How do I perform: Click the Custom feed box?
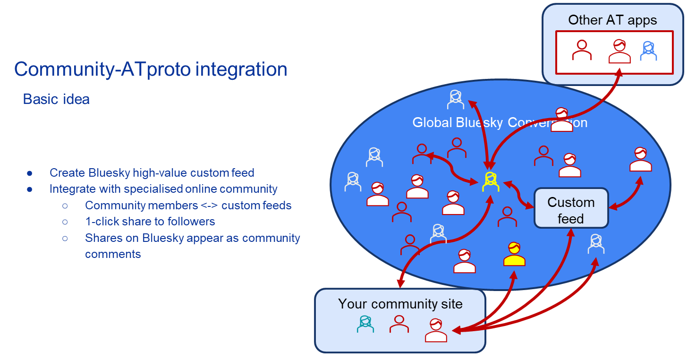click(x=571, y=208)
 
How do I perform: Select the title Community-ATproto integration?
click(x=151, y=69)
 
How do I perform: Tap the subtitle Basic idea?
click(x=56, y=99)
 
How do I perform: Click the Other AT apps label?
click(x=612, y=20)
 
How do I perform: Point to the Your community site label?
click(x=400, y=303)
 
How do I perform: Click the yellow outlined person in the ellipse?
click(x=491, y=182)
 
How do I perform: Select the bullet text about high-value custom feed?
click(x=152, y=173)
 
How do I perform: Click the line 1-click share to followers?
click(x=150, y=221)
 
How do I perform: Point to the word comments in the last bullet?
click(x=113, y=254)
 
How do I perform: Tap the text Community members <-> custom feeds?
click(x=188, y=205)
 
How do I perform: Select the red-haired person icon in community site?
click(x=436, y=330)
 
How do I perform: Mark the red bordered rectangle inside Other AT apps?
click(x=614, y=52)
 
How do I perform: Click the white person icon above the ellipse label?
click(x=456, y=99)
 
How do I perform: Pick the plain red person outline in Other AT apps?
click(x=582, y=50)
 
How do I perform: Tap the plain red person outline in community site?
click(x=399, y=324)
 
